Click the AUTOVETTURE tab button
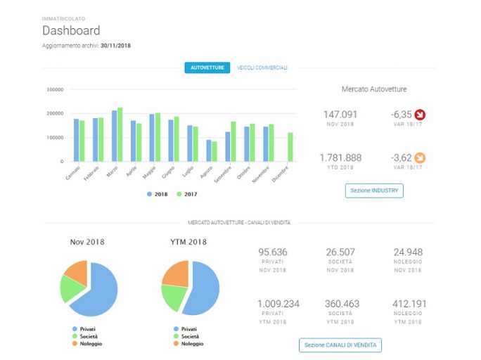pyautogui.click(x=207, y=67)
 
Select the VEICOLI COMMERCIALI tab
pyautogui.click(x=262, y=67)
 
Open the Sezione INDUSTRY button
pyautogui.click(x=374, y=191)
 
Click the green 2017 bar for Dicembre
pyautogui.click(x=290, y=147)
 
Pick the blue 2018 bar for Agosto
pyautogui.click(x=209, y=150)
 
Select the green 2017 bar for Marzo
pyautogui.click(x=120, y=134)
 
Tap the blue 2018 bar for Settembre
pyautogui.click(x=228, y=146)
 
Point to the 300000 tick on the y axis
pyautogui.click(x=55, y=89)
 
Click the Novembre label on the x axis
pyautogui.click(x=261, y=174)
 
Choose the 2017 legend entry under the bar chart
pyautogui.click(x=187, y=194)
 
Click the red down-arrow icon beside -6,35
pyautogui.click(x=420, y=115)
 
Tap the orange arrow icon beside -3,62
pyautogui.click(x=420, y=158)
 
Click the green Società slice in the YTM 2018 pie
pyautogui.click(x=173, y=297)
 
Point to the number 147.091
pyautogui.click(x=340, y=115)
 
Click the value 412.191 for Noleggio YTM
pyautogui.click(x=409, y=304)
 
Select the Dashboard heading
pyautogui.click(x=71, y=31)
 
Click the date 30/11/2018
pyautogui.click(x=115, y=46)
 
